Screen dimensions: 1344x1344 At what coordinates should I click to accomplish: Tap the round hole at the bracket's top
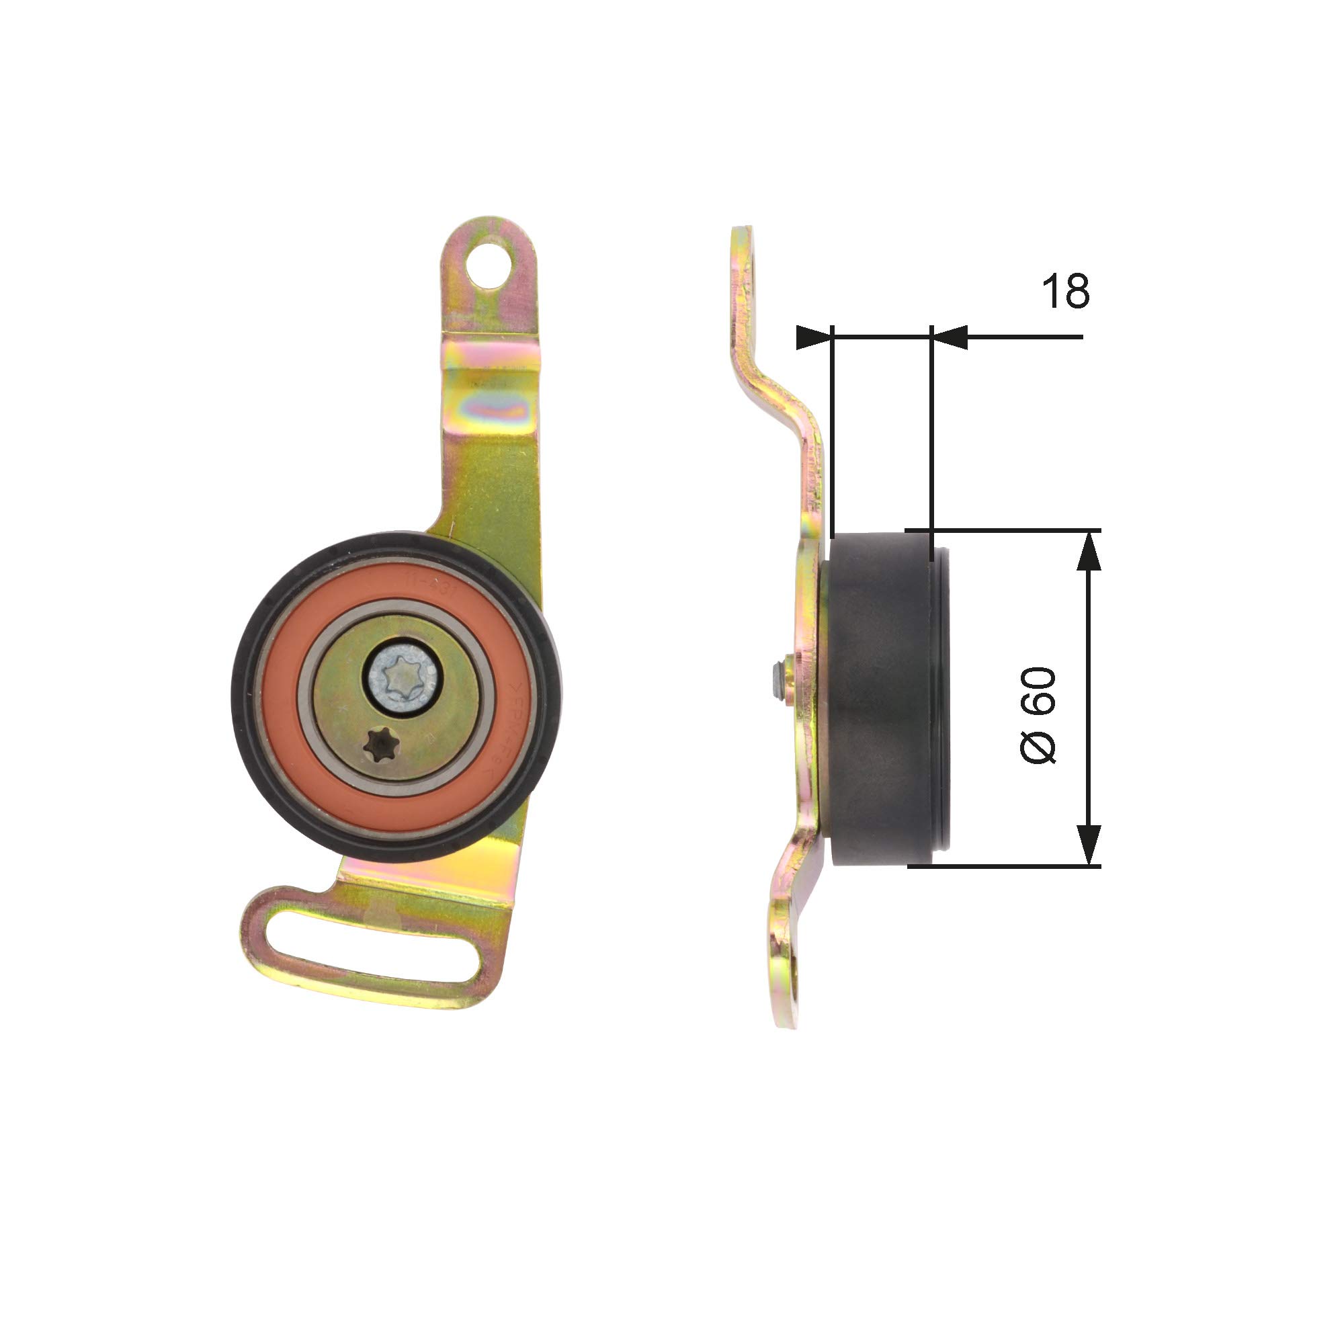491,265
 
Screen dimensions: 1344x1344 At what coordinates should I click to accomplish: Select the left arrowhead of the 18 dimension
814,337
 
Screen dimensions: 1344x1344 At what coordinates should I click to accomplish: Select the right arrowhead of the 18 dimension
949,337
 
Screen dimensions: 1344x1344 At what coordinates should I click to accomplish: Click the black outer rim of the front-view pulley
241,696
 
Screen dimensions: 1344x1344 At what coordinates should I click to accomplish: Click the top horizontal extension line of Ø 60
1009,530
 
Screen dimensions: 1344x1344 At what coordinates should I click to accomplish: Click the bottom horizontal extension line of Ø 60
1009,866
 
